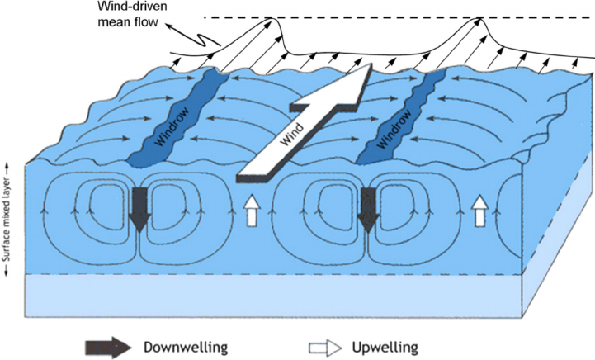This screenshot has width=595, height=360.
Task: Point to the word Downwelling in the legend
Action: pyautogui.click(x=186, y=344)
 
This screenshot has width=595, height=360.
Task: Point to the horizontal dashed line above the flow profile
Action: pyautogui.click(x=371, y=17)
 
